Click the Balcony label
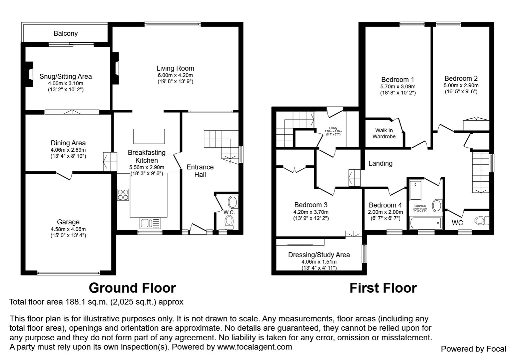coord(66,33)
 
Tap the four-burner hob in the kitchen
coord(123,194)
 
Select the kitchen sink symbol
coord(150,223)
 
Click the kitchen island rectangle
coord(149,136)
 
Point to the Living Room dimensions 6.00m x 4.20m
coord(175,75)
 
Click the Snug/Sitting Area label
coord(66,76)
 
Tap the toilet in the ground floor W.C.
coord(229,221)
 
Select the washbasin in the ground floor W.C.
coord(232,202)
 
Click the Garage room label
coord(68,222)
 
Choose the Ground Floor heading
coord(132,288)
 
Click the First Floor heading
coord(383,288)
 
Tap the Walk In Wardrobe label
coord(384,133)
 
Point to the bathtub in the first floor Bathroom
coord(425,223)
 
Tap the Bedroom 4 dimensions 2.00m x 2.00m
coord(385,212)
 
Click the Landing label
coord(380,163)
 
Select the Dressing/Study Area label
coord(319,255)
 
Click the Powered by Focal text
coord(473,349)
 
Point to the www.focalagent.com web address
coord(254,347)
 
